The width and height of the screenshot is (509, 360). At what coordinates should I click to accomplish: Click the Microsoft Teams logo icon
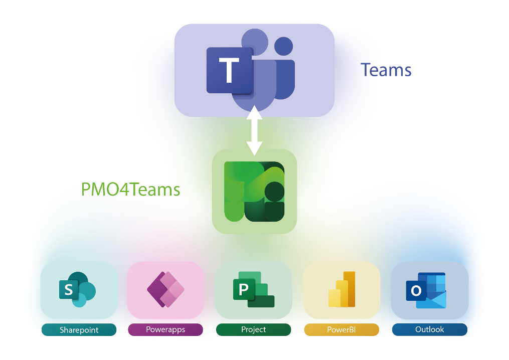tap(251, 70)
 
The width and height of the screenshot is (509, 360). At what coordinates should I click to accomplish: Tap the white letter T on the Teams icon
tap(229, 70)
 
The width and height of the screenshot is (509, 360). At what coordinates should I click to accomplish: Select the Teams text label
tap(386, 70)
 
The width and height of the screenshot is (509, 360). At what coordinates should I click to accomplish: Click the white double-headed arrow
tap(255, 130)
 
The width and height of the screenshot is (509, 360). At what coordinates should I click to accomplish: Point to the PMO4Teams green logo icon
tap(255, 192)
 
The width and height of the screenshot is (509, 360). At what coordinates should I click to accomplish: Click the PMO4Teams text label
tap(130, 189)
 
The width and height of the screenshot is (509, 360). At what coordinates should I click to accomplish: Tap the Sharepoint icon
tap(77, 290)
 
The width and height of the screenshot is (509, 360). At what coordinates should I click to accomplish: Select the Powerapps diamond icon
tap(165, 290)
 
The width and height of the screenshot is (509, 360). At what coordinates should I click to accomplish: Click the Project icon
tap(254, 290)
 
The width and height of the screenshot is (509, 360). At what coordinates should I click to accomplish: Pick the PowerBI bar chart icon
tap(342, 290)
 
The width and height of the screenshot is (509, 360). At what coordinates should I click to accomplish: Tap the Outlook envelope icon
tap(426, 290)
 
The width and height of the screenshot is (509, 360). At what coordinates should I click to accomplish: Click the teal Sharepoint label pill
tap(79, 330)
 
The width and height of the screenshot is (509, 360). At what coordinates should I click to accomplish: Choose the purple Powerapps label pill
tap(165, 329)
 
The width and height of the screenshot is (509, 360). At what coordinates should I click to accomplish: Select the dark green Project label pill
tap(254, 329)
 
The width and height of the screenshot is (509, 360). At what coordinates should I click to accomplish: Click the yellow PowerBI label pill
tap(342, 329)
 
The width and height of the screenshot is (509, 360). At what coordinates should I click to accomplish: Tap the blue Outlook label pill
tap(430, 329)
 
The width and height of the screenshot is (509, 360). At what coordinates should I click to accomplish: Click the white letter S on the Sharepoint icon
tap(69, 289)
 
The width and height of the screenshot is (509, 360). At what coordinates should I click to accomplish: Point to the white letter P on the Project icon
tap(243, 289)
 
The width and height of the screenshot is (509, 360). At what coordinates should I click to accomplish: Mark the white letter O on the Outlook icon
tap(416, 290)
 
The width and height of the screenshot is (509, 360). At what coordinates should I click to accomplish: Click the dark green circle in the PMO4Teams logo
tap(275, 192)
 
